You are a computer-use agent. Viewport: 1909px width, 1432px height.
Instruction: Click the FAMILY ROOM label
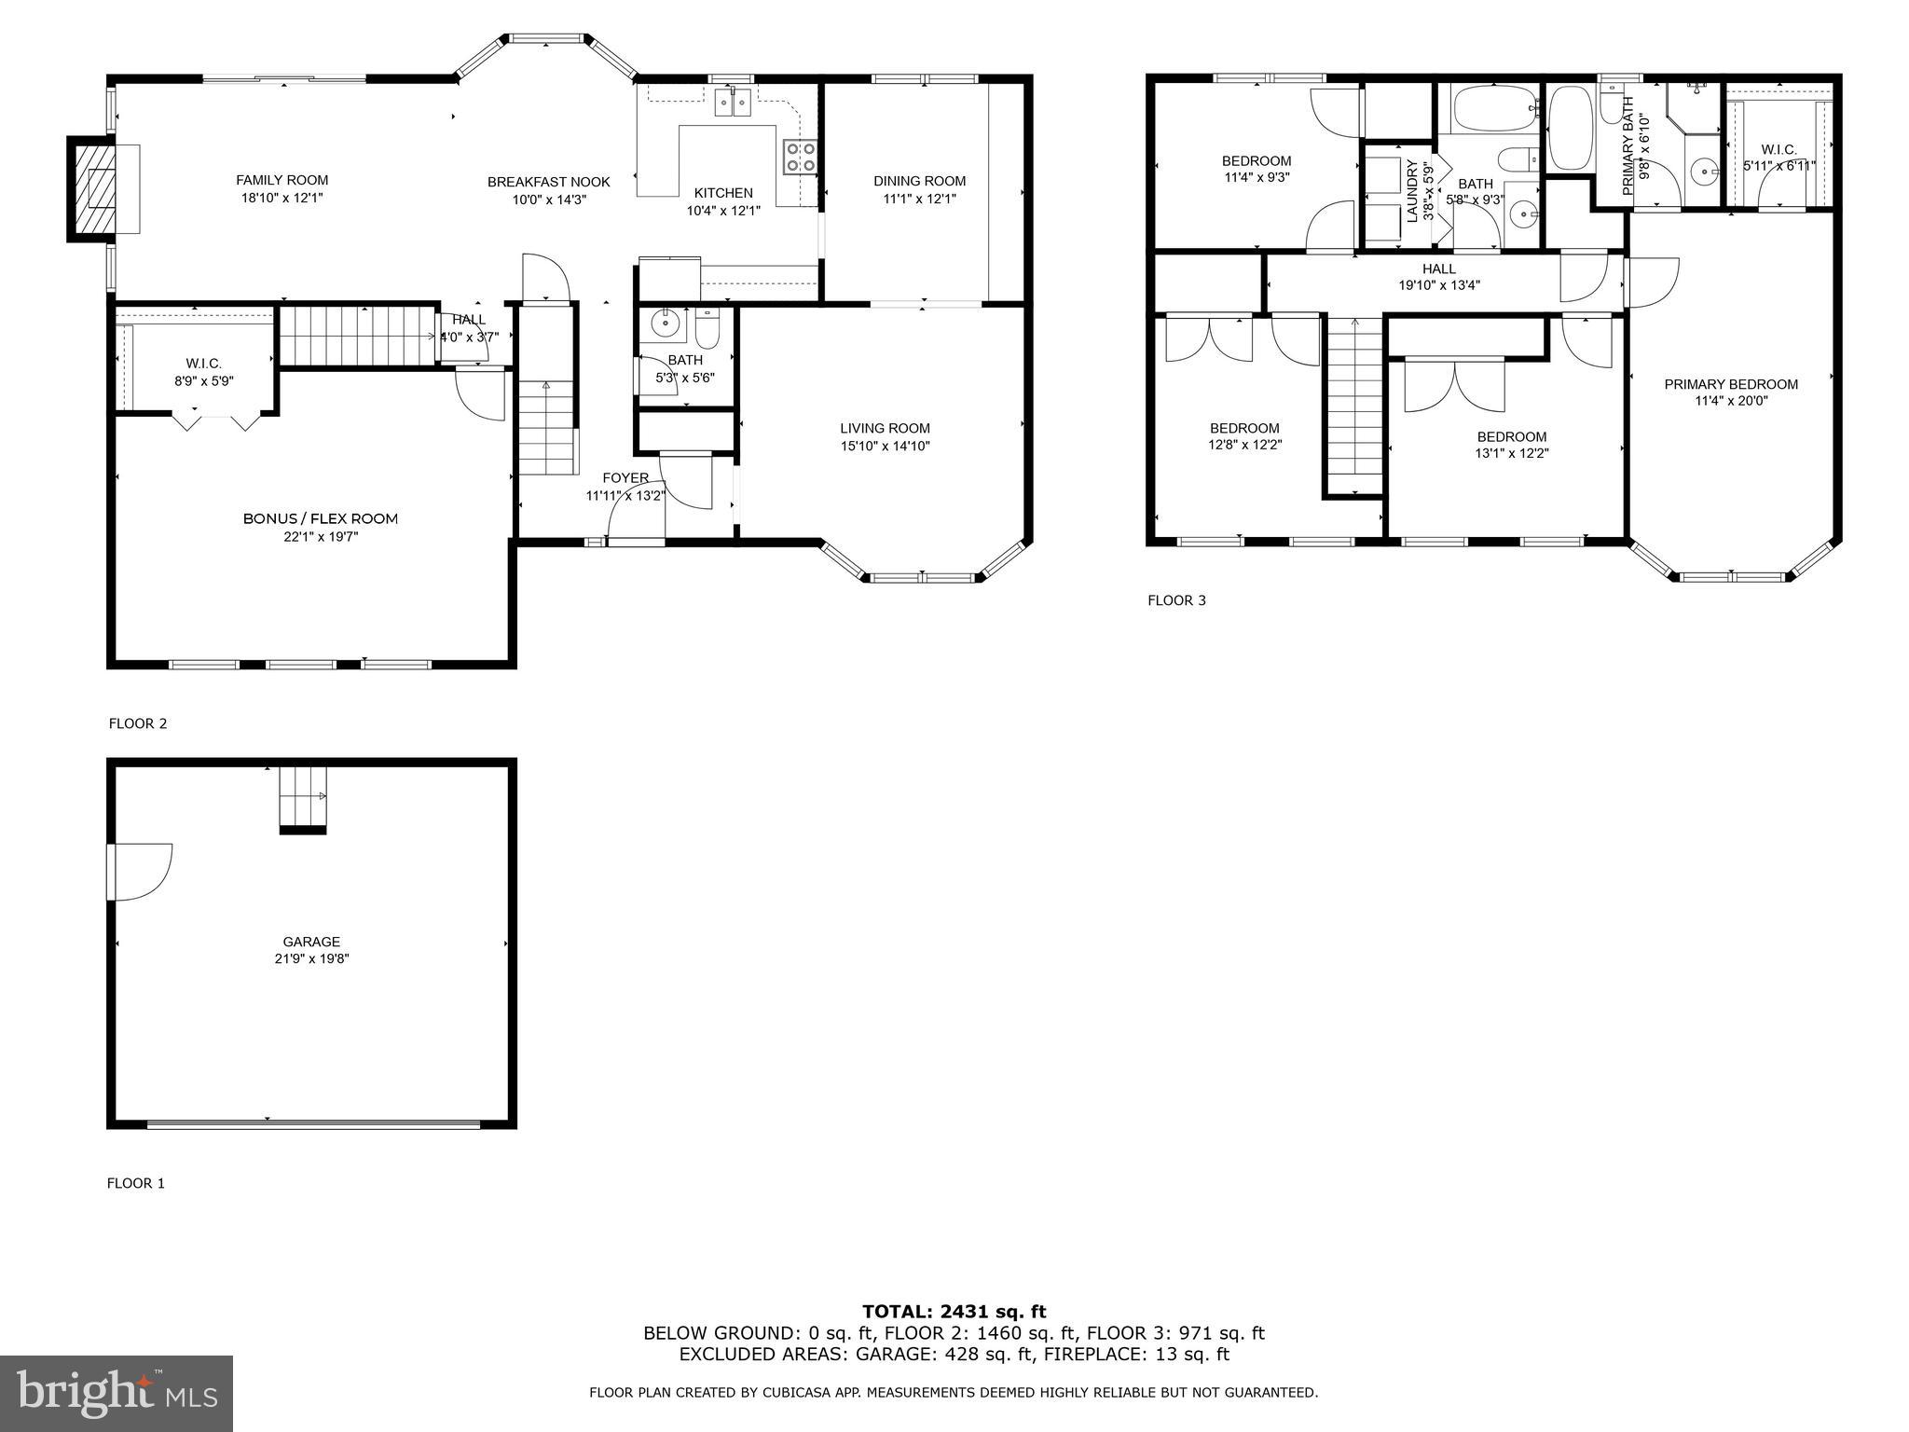coord(282,180)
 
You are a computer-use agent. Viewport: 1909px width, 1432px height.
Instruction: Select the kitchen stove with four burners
coord(800,157)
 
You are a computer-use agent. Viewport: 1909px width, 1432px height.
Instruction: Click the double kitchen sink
coord(733,102)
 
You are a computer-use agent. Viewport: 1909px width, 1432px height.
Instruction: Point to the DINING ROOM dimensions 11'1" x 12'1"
coord(919,199)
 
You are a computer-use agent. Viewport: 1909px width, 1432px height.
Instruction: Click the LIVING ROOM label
coord(885,428)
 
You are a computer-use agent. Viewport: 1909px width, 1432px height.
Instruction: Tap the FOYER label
coord(625,478)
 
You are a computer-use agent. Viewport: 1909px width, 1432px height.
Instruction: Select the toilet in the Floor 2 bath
coord(707,330)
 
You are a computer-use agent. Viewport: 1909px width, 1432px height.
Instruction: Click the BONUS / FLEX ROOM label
coord(321,518)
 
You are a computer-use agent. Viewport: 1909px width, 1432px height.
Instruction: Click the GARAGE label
coord(311,942)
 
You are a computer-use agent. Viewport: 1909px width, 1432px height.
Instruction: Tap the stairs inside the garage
coord(303,798)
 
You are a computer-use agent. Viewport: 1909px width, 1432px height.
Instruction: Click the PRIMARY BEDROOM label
coord(1731,384)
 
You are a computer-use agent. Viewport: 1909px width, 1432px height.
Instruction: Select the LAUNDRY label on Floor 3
coord(1411,191)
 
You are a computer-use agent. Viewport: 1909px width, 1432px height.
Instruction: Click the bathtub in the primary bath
coord(1571,129)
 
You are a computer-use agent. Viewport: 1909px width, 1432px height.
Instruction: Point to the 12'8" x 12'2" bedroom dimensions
coord(1244,446)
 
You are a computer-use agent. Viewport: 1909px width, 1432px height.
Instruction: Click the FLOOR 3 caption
coord(1176,600)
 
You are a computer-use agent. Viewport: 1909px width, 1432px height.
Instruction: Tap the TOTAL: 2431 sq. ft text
coord(954,1312)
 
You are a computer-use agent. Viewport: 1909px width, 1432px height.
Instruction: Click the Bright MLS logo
coord(117,1394)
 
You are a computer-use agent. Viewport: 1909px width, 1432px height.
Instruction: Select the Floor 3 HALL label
coord(1439,268)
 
